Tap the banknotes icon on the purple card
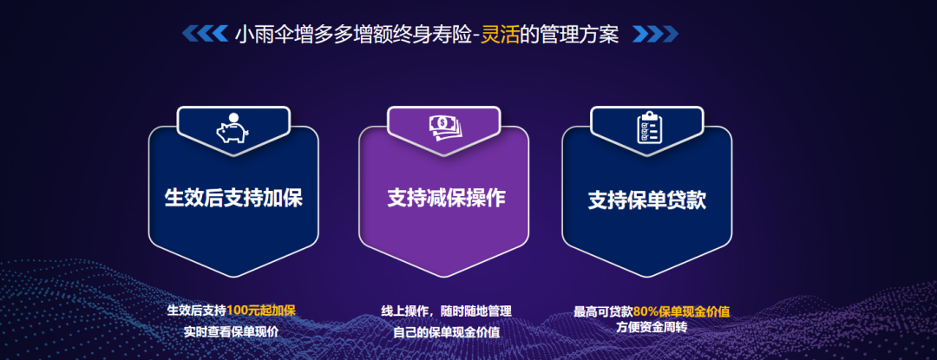pyautogui.click(x=444, y=128)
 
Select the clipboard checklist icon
pyautogui.click(x=650, y=128)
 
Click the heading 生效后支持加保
pyautogui.click(x=233, y=198)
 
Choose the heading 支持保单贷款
pyautogui.click(x=647, y=200)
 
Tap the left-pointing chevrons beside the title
pyautogui.click(x=205, y=34)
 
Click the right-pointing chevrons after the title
pyautogui.click(x=655, y=34)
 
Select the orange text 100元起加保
pyautogui.click(x=261, y=311)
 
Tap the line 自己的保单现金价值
pyautogui.click(x=447, y=332)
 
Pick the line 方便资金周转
pyautogui.click(x=652, y=328)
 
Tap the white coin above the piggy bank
pyautogui.click(x=233, y=118)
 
